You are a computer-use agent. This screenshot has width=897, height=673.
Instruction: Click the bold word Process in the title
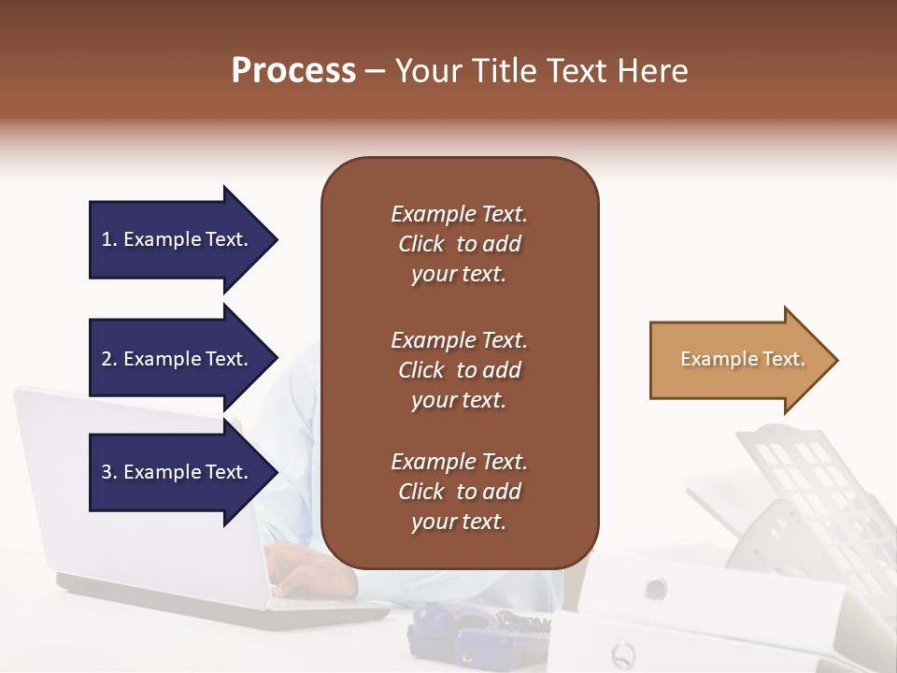293,71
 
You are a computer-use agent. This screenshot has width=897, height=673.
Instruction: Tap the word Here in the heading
654,71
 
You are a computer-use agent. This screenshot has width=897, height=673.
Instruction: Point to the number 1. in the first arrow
109,239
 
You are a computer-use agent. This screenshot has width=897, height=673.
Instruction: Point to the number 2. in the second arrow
109,359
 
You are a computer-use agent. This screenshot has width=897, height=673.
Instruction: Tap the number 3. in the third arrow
109,472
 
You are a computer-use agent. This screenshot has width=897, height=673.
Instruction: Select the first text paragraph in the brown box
459,244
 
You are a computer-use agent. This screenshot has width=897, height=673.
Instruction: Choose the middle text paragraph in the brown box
459,370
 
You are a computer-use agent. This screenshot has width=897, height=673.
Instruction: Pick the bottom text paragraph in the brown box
459,492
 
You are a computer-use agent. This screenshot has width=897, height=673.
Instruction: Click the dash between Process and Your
375,72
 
